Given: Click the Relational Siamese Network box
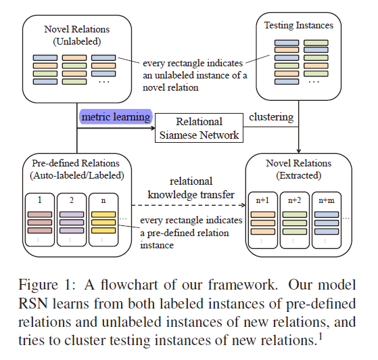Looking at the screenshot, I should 198,128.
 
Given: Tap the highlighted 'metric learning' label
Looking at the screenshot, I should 115,117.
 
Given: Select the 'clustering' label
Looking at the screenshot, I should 271,117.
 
